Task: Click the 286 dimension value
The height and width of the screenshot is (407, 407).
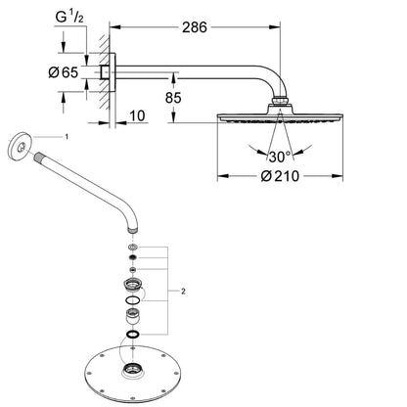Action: tap(195, 27)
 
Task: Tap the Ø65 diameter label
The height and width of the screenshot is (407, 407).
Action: tap(64, 72)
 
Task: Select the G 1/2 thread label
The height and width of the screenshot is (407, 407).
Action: tap(69, 18)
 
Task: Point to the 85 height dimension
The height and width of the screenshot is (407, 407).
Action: tap(173, 98)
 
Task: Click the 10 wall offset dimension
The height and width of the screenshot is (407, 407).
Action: tap(137, 115)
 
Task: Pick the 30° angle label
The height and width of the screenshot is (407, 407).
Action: tap(279, 157)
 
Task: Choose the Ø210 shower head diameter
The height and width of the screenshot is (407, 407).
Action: tap(280, 176)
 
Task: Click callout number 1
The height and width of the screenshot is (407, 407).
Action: tap(67, 137)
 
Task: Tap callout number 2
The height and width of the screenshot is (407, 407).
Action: tap(183, 292)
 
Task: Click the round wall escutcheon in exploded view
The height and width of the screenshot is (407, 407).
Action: tap(20, 147)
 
